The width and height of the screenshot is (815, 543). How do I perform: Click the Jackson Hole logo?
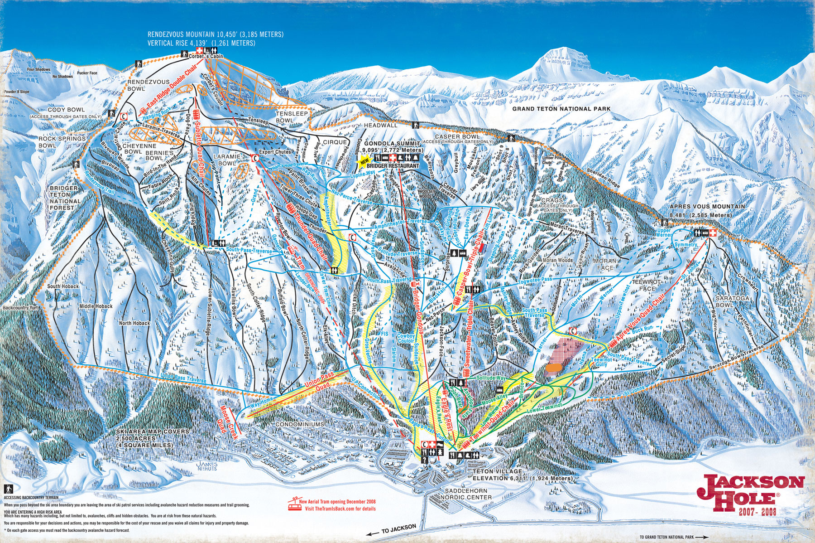click(x=751, y=495)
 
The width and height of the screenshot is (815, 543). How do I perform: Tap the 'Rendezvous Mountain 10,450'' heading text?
click(x=216, y=34)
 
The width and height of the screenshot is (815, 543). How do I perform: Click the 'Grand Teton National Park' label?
click(x=561, y=109)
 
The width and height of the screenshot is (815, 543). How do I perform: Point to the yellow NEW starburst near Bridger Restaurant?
click(x=364, y=160)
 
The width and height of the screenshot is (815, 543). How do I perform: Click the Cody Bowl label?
click(x=66, y=110)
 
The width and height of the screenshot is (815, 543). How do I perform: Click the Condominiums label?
click(x=300, y=424)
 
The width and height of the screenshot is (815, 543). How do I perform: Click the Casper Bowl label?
click(x=457, y=136)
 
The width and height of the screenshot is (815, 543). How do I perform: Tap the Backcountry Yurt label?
click(x=20, y=308)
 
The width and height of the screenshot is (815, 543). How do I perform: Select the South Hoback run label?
click(x=63, y=286)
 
